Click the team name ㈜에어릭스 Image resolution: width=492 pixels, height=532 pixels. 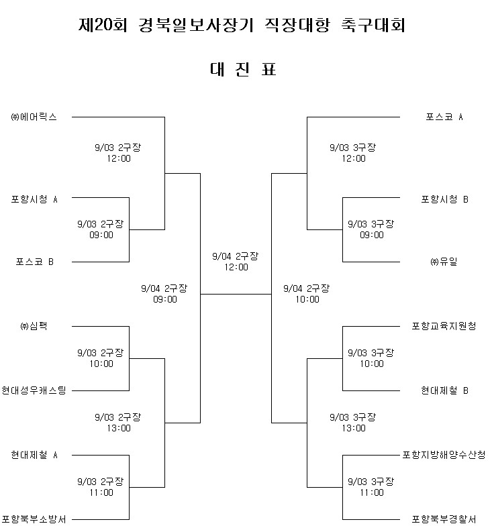[34, 117]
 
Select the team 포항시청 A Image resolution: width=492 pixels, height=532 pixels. [34, 199]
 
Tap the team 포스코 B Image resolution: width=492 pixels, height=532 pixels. [35, 262]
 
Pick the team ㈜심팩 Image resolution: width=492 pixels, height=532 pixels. [34, 326]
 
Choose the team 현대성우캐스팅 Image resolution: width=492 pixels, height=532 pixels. [34, 390]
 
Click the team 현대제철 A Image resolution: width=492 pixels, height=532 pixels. [34, 455]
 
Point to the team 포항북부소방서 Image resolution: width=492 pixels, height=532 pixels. [34, 519]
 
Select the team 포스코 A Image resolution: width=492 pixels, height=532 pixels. [444, 117]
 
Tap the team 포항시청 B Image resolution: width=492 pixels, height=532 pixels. [445, 199]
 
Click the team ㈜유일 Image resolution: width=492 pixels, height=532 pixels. [444, 262]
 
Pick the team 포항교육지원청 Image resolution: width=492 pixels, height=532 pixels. [444, 326]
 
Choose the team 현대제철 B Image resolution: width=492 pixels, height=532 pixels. [445, 390]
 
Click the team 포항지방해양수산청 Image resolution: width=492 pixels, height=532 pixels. [444, 455]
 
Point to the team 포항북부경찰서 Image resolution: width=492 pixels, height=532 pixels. [444, 519]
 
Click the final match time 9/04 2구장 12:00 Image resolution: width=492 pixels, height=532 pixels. [236, 262]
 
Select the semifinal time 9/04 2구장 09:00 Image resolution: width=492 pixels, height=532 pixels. [164, 294]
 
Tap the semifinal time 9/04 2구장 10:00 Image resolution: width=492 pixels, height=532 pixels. [307, 294]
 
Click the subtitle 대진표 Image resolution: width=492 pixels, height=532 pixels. [243, 69]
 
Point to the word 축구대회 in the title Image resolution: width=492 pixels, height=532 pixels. [373, 25]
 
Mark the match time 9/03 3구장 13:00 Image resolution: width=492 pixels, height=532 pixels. [353, 423]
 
